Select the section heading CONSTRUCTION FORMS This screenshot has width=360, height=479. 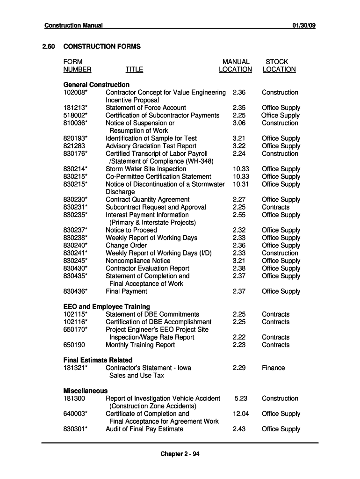coord(102,46)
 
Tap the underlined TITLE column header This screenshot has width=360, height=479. coord(134,70)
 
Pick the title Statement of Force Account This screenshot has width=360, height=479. coord(145,108)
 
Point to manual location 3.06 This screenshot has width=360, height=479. coord(239,123)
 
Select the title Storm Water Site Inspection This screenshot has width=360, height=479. coord(146,169)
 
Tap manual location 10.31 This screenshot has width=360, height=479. coord(241,184)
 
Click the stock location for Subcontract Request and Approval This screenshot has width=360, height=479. coord(275,207)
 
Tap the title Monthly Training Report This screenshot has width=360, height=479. coord(140,345)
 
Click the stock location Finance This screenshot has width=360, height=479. coord(273,368)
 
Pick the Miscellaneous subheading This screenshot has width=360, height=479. coord(86,391)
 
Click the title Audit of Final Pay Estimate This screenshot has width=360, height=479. coord(144,429)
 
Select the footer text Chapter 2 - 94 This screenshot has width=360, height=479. coord(180,454)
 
